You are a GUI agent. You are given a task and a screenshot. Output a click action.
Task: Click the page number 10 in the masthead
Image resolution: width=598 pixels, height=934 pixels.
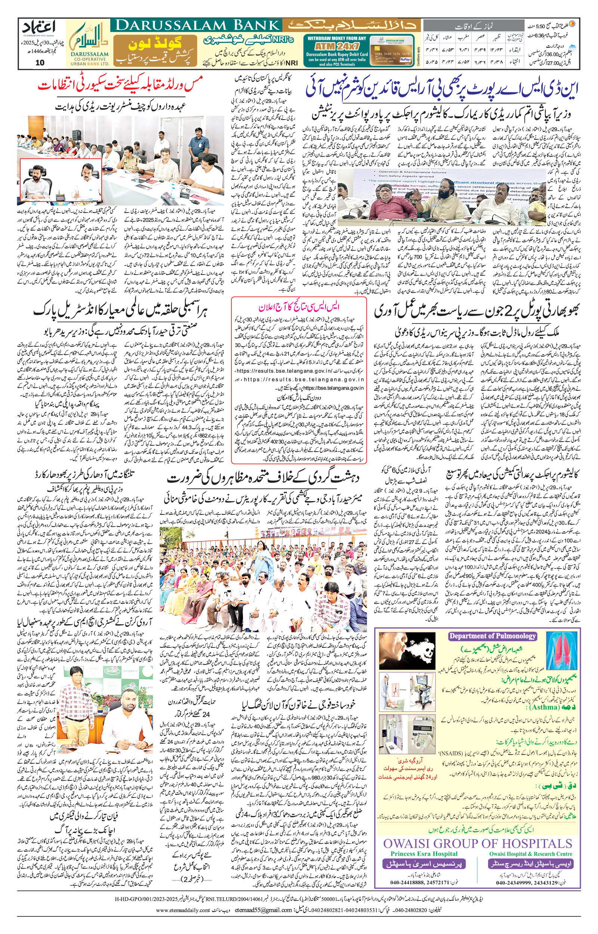[40, 62]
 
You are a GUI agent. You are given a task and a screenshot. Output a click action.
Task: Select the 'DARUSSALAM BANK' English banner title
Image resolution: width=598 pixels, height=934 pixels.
[198, 26]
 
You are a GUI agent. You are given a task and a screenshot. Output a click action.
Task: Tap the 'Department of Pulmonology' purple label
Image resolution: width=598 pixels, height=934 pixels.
[492, 635]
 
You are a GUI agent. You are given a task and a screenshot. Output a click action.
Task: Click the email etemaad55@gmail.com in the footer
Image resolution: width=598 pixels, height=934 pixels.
[262, 907]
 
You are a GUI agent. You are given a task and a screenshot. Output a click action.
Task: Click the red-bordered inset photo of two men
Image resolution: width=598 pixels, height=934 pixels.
[61, 180]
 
